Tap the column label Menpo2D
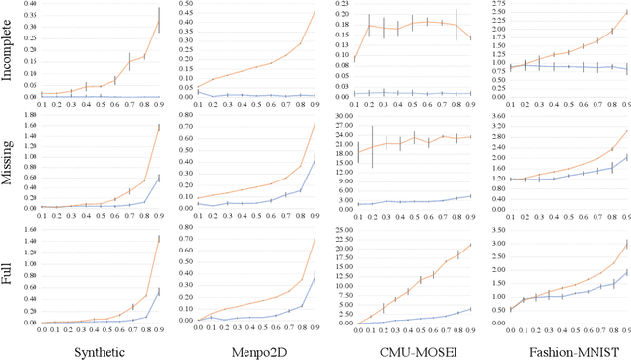click(x=251, y=348)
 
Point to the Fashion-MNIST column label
click(x=558, y=348)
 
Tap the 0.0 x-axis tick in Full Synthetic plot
click(x=42, y=328)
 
